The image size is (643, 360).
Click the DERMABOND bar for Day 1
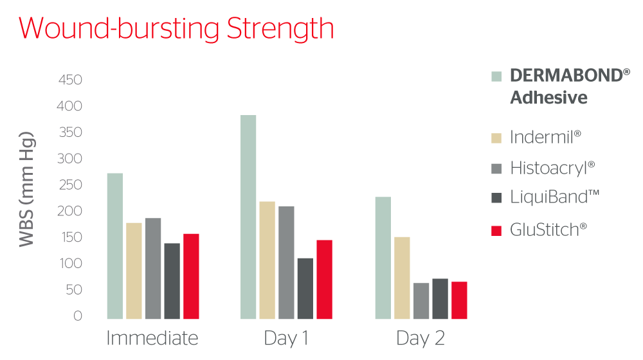pos(248,217)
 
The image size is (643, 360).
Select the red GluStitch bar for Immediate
pos(191,276)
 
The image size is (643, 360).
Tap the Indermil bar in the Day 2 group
pos(402,278)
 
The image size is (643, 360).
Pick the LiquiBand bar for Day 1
pos(305,289)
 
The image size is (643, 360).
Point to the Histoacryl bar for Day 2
pos(421,301)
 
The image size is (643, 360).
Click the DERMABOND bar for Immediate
pos(115,246)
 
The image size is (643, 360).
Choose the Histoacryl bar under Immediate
pos(153,269)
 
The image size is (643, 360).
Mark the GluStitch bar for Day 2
pos(459,300)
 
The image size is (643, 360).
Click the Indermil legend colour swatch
pos(496,138)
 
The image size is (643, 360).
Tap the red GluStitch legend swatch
pos(496,230)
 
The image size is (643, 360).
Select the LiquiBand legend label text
pos(554,197)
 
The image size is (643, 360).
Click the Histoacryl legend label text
pos(552,168)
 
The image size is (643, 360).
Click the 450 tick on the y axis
pos(70,80)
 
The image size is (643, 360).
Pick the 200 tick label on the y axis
pos(69,211)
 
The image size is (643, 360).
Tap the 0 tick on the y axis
pos(78,316)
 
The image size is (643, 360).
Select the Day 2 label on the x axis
pos(421,339)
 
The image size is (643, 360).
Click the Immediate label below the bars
pos(152,338)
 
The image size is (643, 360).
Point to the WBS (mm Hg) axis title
pos(27,189)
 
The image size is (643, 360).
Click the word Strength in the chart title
pos(280,28)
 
